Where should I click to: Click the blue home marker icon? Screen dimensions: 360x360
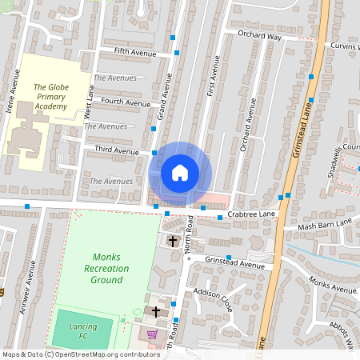pos(180,172)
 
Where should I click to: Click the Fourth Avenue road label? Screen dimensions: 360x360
pos(126,103)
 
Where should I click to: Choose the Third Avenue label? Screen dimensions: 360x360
pos(116,150)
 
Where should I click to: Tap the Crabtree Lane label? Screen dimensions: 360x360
pos(251,214)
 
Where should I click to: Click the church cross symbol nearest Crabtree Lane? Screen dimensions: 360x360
pos(172,241)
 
